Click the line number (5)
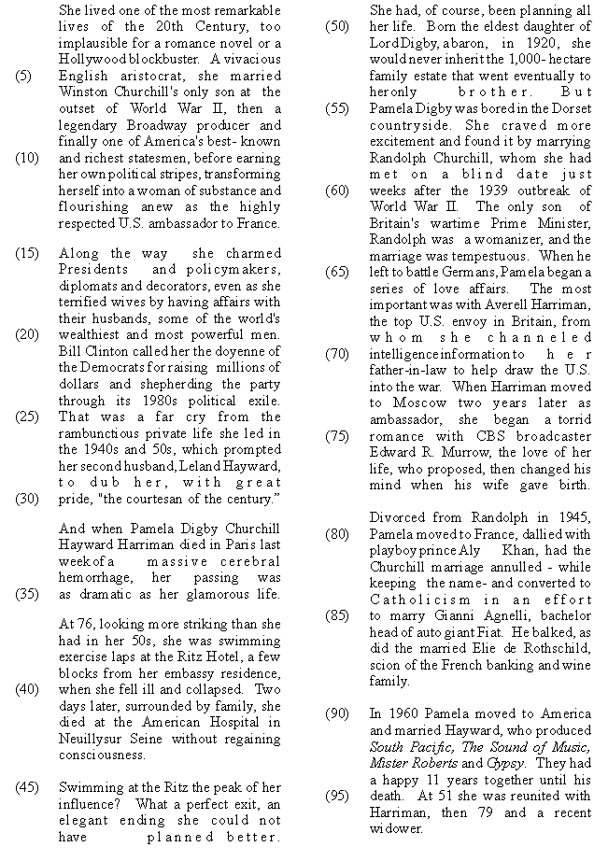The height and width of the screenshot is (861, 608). (x=27, y=77)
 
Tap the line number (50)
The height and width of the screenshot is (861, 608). (x=337, y=25)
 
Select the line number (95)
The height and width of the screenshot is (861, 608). (x=337, y=796)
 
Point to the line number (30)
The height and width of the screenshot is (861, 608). (x=27, y=499)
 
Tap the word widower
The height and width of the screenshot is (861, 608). (x=396, y=828)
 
